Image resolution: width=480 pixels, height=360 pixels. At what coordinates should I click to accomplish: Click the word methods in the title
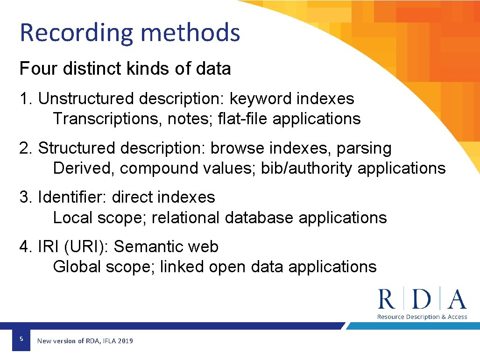coord(190,33)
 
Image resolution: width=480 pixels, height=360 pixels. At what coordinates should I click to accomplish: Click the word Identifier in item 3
coord(72,198)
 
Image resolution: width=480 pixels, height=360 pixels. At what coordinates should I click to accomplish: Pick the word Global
coord(77,267)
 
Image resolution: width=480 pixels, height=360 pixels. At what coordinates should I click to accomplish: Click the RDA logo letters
coord(422,300)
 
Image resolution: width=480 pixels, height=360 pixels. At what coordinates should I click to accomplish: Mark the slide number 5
coord(21,338)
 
